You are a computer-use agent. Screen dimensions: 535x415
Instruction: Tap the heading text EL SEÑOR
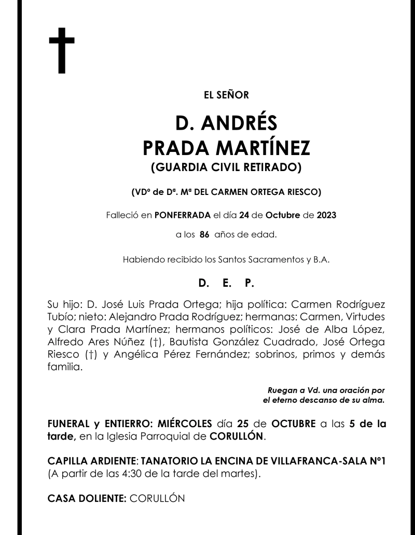[x=227, y=95]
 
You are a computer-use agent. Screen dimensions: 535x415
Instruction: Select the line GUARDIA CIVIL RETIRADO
[x=226, y=167]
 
